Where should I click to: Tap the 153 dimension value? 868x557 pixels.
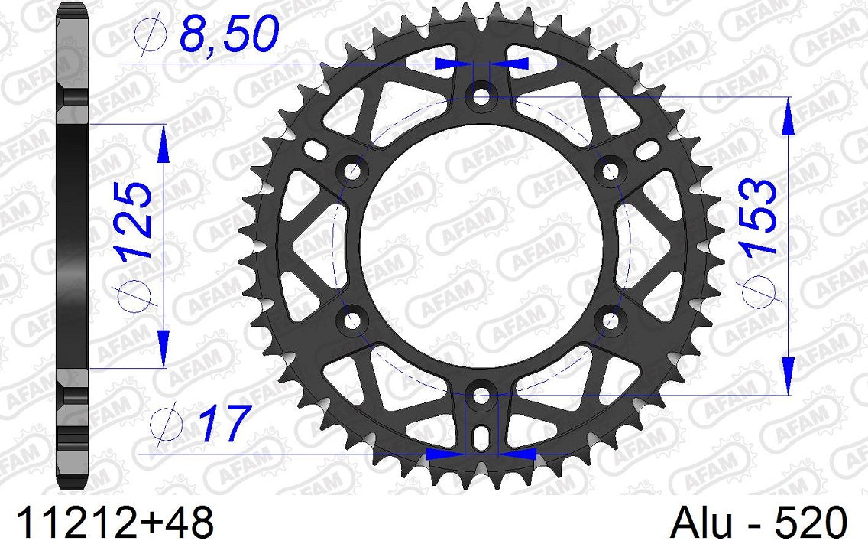tap(759, 217)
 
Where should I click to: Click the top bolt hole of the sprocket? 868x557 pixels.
tap(481, 97)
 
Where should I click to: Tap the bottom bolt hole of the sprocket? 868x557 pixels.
tap(481, 396)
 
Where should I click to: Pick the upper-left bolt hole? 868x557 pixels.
tap(352, 171)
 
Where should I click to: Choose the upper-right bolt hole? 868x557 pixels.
tap(611, 171)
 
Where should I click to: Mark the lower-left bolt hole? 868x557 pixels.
tap(352, 321)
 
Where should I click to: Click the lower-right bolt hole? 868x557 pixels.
tap(611, 321)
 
